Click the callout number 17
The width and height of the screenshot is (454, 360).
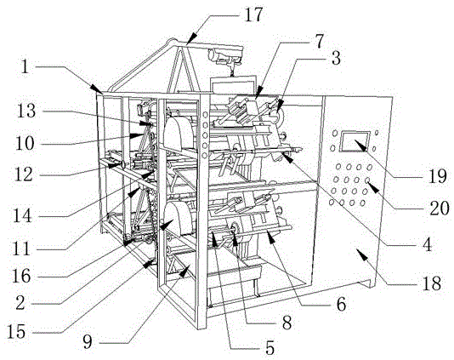(253, 14)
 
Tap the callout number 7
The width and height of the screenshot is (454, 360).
(319, 42)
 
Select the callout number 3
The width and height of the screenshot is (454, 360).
(336, 59)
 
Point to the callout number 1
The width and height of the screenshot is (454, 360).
(26, 66)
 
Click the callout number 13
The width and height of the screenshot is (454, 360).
(26, 111)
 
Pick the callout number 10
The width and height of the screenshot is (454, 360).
(25, 143)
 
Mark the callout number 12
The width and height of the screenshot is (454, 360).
(25, 174)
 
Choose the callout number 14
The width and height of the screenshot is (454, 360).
(22, 215)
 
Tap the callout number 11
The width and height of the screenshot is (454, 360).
(21, 249)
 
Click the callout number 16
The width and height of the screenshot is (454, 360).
(21, 276)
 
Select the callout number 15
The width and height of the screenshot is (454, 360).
(16, 332)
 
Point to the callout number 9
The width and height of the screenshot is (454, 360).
(88, 342)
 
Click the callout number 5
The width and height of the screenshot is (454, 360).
(270, 348)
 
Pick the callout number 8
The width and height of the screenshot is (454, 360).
(287, 323)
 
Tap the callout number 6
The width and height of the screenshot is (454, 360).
(342, 305)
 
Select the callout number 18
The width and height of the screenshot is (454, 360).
(432, 283)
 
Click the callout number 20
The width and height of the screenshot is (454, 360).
(440, 208)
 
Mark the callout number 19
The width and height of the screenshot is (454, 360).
(438, 176)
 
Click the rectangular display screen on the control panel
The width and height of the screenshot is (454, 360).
(355, 141)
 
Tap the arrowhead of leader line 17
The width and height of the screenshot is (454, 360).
(192, 39)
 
